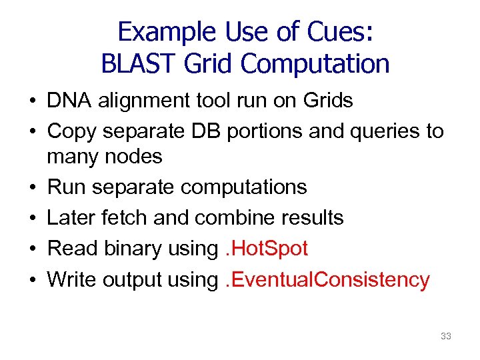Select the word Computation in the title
[315, 64]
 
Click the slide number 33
[446, 336]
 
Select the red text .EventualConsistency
[325, 279]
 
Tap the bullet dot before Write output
[31, 281]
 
